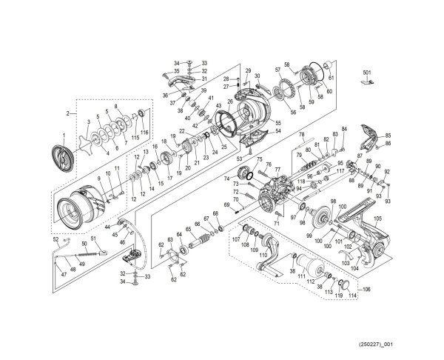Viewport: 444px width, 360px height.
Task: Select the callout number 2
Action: point(67,113)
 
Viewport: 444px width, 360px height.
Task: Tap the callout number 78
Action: point(301,134)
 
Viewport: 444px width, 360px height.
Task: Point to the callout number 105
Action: point(378,219)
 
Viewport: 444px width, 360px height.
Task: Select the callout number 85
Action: point(388,134)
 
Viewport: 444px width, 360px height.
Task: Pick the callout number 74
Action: point(226,178)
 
